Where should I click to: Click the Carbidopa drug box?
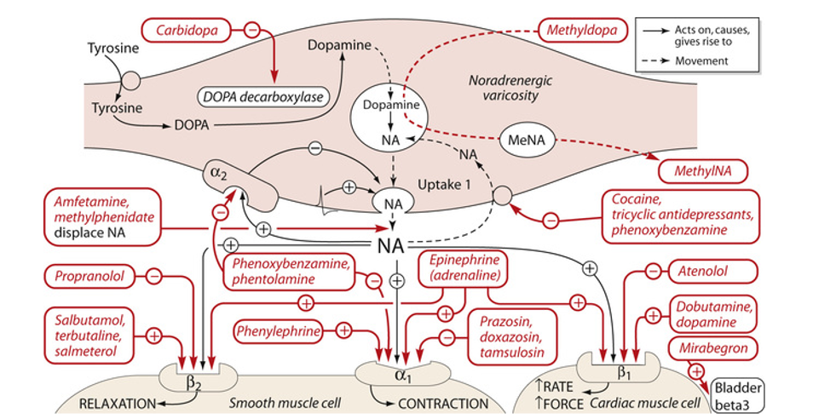point(187,30)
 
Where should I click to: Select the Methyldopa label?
point(582,30)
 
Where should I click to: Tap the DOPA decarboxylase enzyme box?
point(263,97)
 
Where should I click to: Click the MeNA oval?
point(528,140)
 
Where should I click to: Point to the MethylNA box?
point(703,171)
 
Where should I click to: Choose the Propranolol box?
point(89,276)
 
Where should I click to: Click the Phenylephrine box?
point(279,331)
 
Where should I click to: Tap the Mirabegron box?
point(713,348)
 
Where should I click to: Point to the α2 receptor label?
point(219,174)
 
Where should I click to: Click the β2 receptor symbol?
point(193,384)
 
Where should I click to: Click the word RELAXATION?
point(118,404)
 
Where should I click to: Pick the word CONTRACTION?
point(443,404)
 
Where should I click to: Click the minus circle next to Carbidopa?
point(252,30)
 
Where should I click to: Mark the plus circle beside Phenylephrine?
point(343,330)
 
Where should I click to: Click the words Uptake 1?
point(444,185)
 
